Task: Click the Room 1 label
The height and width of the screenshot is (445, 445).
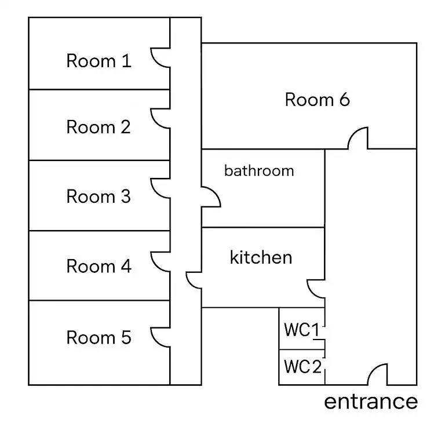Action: [99, 61]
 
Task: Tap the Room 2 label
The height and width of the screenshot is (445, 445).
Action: [99, 127]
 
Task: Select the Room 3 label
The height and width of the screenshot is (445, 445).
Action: [99, 196]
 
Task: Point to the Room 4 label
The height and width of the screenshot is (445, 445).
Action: [99, 267]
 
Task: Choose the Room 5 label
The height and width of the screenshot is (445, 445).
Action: [99, 337]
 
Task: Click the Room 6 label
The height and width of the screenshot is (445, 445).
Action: [317, 100]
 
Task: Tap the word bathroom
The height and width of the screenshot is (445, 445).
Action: [259, 171]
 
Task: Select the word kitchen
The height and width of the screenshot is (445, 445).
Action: [261, 257]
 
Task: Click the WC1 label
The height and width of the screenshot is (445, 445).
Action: [301, 330]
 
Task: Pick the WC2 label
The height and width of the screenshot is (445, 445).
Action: [302, 367]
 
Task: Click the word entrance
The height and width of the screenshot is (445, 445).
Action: [371, 401]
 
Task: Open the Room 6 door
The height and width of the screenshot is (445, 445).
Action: [358, 138]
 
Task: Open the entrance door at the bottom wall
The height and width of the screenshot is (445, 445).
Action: [378, 374]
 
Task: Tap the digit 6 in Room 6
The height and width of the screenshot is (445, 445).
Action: [344, 100]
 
